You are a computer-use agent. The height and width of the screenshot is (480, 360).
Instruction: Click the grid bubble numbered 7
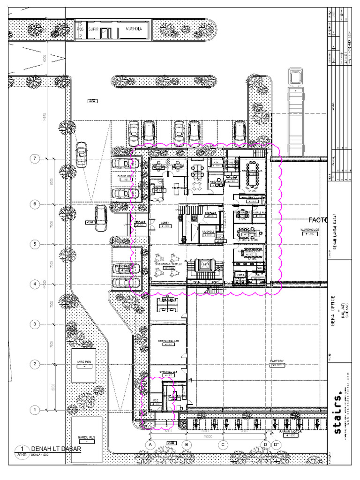[x=34, y=159]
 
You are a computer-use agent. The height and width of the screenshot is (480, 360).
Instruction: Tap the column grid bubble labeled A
[x=150, y=444]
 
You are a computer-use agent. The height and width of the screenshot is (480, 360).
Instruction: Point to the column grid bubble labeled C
[x=223, y=444]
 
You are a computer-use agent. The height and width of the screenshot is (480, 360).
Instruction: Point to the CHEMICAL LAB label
[x=167, y=372]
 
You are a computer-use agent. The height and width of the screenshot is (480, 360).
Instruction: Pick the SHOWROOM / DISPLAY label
[x=168, y=264]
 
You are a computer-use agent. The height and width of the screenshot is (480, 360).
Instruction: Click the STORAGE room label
[x=210, y=213]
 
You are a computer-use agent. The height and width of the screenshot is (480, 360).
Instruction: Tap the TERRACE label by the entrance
[x=140, y=222]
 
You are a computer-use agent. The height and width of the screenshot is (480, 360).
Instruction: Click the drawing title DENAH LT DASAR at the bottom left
[x=56, y=449]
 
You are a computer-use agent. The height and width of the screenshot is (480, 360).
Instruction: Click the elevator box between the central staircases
[x=204, y=265]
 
